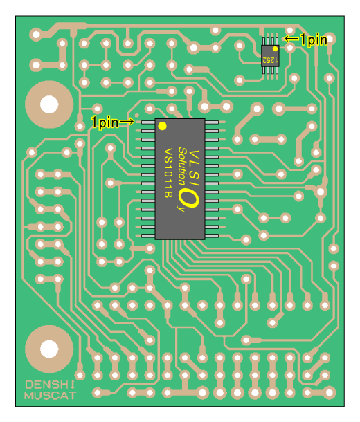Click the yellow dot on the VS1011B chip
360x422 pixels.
pos(162,126)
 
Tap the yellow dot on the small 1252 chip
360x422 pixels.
pos(275,48)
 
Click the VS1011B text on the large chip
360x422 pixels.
pos(168,172)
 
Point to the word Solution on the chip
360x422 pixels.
pos(183,166)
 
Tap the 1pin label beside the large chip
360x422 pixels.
pos(105,122)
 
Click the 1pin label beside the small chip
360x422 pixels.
pos(314,39)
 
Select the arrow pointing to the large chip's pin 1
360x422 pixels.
pos(127,122)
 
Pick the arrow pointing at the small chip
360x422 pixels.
pos(291,39)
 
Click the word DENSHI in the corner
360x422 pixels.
pos(50,385)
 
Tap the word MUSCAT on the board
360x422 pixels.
pos(51,396)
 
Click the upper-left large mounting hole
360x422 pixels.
pos(49,104)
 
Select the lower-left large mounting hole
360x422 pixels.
pos(49,349)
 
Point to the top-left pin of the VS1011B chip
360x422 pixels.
pos(148,122)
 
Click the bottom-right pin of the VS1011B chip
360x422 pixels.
pos(212,236)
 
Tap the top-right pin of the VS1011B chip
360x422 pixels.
pos(212,122)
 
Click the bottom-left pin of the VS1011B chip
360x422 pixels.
pos(148,236)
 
